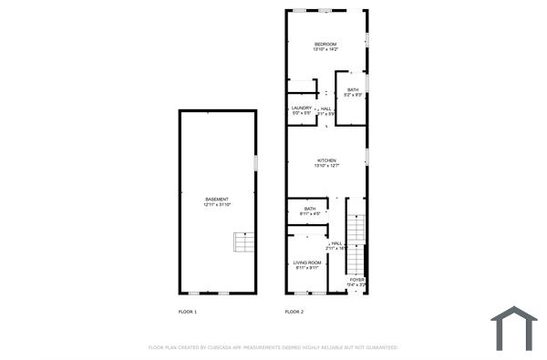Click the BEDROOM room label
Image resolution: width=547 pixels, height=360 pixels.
click(325, 45)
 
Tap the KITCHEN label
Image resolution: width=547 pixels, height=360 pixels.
click(326, 160)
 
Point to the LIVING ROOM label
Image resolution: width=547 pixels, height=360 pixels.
click(306, 262)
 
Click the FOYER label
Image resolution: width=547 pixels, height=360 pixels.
click(356, 280)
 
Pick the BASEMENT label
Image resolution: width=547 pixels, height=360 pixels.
click(217, 199)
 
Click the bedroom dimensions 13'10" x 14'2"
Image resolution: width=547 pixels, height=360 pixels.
click(325, 50)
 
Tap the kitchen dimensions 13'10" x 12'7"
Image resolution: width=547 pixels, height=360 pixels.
click(326, 166)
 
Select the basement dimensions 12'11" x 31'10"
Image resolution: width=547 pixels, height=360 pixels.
click(217, 204)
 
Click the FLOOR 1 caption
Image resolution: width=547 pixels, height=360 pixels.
click(187, 312)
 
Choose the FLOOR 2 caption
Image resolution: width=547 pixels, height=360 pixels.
click(294, 312)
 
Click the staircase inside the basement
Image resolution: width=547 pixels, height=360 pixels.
click(243, 242)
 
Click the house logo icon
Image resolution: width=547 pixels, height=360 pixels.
click(514, 328)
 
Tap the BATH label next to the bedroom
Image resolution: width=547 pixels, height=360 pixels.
click(353, 89)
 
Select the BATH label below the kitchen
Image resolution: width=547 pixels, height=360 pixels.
click(310, 209)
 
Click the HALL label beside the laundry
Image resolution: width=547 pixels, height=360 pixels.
click(325, 108)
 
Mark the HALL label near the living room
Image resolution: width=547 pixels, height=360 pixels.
click(336, 242)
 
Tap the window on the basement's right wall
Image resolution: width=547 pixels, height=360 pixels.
click(255, 162)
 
